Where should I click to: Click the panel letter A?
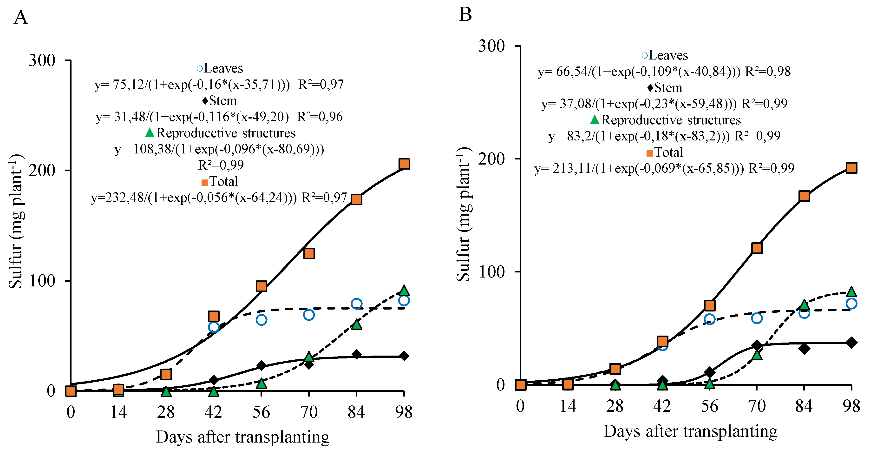[21, 17]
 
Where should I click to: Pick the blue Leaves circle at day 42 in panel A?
[213, 327]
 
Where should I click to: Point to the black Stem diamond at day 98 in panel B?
[851, 343]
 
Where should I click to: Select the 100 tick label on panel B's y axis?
[491, 272]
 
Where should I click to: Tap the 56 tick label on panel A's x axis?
[261, 412]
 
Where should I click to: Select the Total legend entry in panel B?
[665, 152]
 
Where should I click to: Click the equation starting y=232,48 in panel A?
[219, 198]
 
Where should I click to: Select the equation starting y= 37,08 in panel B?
[664, 104]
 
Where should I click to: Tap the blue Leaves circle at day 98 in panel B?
[851, 303]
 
